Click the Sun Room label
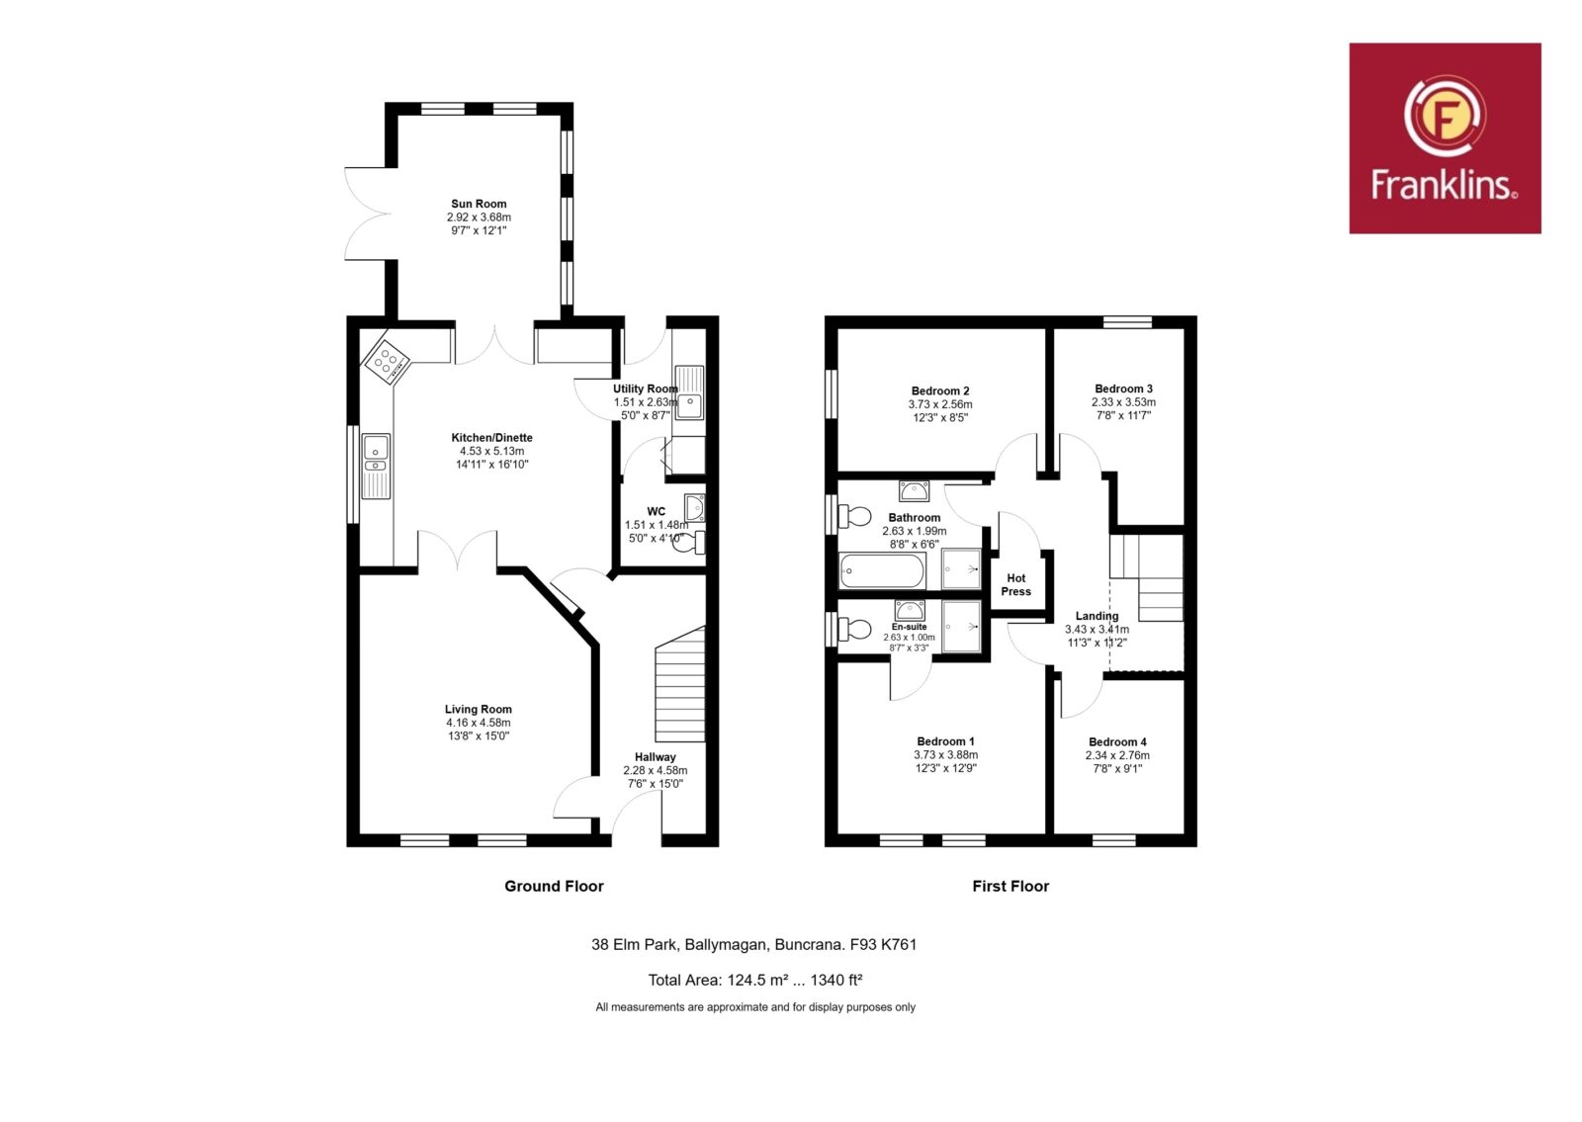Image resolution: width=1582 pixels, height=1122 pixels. [479, 204]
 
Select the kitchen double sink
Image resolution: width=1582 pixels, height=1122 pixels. [376, 466]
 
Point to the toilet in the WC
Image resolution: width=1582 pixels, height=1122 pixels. [691, 543]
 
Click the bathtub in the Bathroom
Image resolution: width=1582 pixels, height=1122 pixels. [882, 570]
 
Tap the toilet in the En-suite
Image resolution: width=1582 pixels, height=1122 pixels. [853, 629]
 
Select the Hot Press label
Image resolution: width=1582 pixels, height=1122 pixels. [1015, 584]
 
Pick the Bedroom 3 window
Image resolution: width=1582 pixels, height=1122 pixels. [1128, 322]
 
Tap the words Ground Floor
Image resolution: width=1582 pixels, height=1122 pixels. [555, 886]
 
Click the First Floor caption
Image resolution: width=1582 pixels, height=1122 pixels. [1011, 886]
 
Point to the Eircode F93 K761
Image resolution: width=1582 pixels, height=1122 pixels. [883, 945]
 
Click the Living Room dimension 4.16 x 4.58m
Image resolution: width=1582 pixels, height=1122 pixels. [479, 723]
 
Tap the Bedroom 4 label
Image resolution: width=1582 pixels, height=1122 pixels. [1117, 742]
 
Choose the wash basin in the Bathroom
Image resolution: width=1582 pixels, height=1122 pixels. [914, 490]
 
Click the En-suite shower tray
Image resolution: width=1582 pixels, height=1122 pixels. [961, 625]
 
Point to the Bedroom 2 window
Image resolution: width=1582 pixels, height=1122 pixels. [832, 394]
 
